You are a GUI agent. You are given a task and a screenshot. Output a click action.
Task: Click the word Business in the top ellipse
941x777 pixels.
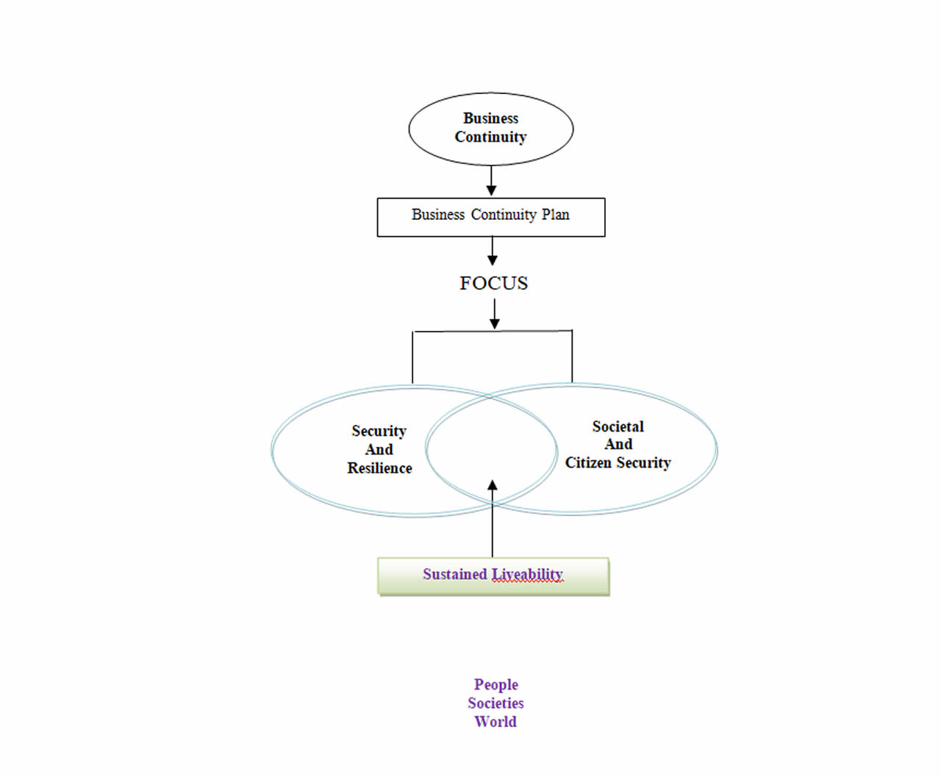click(x=490, y=118)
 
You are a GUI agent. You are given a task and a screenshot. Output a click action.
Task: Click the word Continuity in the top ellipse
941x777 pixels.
click(x=490, y=137)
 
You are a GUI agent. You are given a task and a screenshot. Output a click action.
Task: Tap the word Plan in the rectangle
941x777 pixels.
click(x=556, y=215)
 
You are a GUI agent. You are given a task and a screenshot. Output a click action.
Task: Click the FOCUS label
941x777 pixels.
click(x=493, y=283)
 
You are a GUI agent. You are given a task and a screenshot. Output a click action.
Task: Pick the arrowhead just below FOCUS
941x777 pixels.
click(x=494, y=323)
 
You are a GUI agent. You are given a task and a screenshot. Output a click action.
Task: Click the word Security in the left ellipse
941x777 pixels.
click(x=379, y=432)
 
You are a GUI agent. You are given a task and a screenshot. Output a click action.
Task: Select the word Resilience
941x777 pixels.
click(x=379, y=468)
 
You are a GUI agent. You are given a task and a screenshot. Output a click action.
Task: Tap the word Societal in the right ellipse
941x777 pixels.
click(x=618, y=427)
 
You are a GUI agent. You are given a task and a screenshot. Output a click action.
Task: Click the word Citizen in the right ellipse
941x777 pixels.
click(x=588, y=463)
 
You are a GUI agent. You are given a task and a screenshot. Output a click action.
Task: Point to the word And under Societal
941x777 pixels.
click(x=618, y=445)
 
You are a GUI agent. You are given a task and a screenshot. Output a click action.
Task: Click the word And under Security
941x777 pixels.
click(x=379, y=450)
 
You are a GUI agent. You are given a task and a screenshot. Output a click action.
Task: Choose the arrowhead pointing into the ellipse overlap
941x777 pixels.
click(x=493, y=486)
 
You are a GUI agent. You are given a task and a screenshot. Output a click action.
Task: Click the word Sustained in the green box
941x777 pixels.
click(x=454, y=574)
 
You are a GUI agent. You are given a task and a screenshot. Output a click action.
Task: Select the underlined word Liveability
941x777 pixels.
click(x=527, y=574)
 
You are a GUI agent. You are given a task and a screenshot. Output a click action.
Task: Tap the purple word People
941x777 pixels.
click(x=495, y=685)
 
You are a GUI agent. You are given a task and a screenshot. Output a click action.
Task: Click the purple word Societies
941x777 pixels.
click(x=495, y=703)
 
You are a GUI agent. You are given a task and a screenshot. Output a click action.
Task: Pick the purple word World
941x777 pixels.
click(x=495, y=722)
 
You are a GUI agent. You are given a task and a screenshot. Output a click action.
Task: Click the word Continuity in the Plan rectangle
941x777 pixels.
click(x=504, y=215)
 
